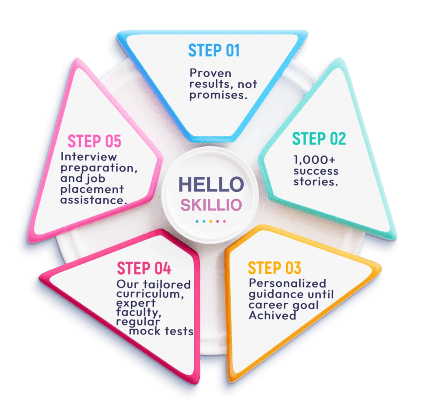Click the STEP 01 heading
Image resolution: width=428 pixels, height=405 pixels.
pyautogui.click(x=214, y=50)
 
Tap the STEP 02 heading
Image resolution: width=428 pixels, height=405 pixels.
pyautogui.click(x=319, y=138)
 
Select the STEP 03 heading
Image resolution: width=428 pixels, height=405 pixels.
pyautogui.click(x=274, y=267)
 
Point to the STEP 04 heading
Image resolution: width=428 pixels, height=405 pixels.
pyautogui.click(x=144, y=268)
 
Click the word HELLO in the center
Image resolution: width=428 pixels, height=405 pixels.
pyautogui.click(x=211, y=184)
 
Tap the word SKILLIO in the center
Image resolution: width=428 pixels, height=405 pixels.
pyautogui.click(x=211, y=205)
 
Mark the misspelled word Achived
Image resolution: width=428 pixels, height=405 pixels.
pyautogui.click(x=272, y=316)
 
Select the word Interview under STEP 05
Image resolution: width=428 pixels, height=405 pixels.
pyautogui.click(x=89, y=157)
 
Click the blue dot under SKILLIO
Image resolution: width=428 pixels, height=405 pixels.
pyautogui.click(x=197, y=221)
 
